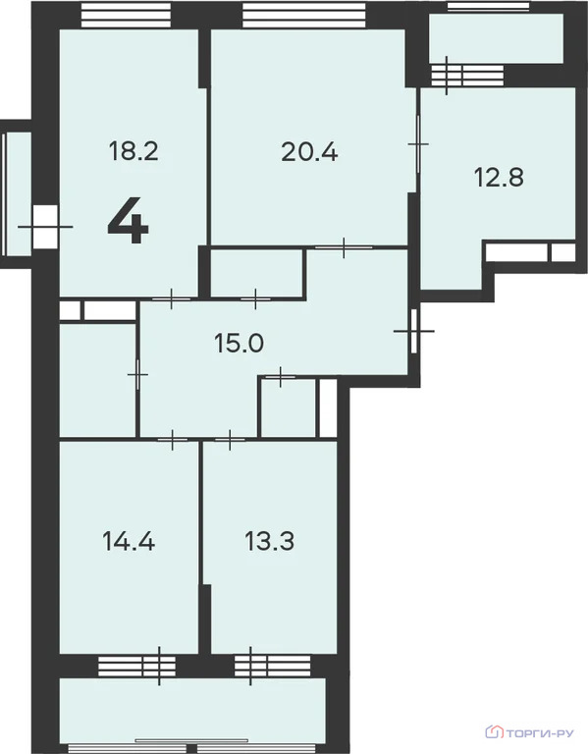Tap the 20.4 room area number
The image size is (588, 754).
[308, 152]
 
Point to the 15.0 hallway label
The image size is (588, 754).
[241, 344]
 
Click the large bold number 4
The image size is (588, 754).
[128, 221]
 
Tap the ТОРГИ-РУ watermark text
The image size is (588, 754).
[544, 732]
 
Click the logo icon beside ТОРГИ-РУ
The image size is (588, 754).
[496, 732]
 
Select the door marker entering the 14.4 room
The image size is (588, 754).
[173, 440]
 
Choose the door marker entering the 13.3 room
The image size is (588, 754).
[229, 440]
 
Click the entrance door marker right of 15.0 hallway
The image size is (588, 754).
[413, 331]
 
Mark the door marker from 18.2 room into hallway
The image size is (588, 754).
[173, 297]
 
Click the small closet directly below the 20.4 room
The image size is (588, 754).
[256, 275]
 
